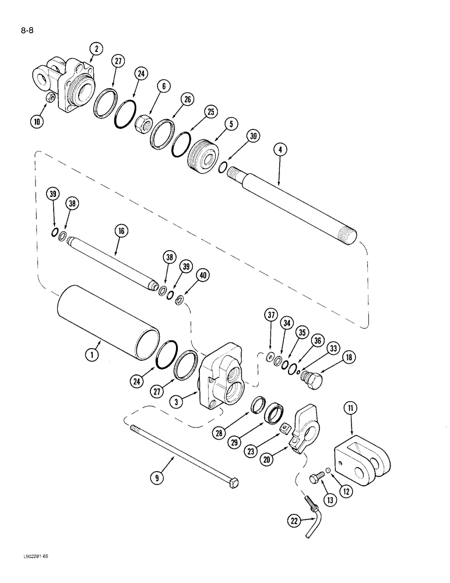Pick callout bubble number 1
(x=92, y=353)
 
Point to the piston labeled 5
(x=204, y=154)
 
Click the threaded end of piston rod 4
(x=349, y=234)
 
